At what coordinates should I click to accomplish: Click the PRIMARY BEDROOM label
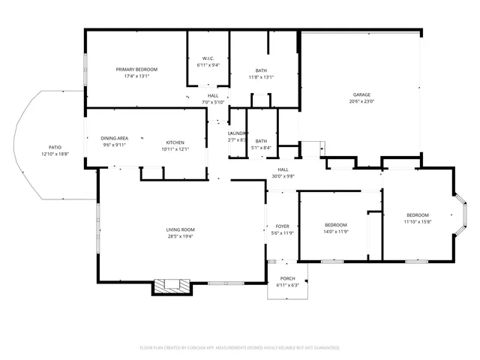click(136, 70)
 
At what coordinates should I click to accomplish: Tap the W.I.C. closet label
click(208, 58)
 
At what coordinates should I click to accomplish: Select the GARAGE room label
click(361, 94)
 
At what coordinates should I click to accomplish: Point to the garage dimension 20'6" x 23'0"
click(361, 101)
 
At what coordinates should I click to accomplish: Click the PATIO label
click(55, 147)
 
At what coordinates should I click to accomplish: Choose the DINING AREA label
click(115, 138)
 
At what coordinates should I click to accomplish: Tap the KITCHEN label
click(175, 142)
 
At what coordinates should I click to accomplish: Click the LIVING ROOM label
click(180, 229)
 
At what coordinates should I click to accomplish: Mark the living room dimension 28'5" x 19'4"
click(180, 236)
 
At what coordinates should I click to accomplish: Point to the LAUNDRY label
click(237, 133)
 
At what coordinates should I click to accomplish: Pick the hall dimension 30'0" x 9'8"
click(283, 176)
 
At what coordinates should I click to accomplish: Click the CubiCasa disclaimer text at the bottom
click(240, 348)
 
